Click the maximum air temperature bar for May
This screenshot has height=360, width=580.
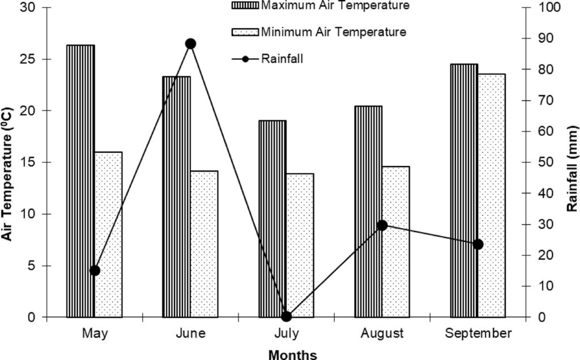pos(80,181)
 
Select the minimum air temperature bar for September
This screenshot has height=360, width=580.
pos(491,195)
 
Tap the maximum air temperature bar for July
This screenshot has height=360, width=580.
pos(272,218)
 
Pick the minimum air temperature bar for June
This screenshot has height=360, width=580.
pos(204,243)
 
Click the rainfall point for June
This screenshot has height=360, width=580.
pos(190,44)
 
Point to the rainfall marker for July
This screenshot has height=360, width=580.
pos(286,316)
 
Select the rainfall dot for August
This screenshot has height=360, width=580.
pos(382,225)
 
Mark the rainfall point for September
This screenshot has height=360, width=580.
pos(478,245)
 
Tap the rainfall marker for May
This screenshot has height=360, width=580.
pos(95,271)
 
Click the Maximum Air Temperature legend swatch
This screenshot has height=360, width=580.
pos(244,6)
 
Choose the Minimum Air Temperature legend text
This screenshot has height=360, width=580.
pos(334,32)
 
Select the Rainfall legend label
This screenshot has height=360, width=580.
pos(282,58)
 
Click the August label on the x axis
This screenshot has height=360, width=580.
pos(382,333)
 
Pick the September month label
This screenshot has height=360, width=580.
pos(478,333)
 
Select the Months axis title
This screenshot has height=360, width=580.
pos(292,354)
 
